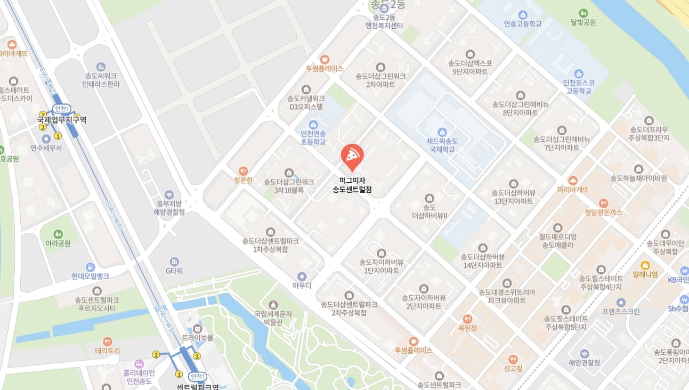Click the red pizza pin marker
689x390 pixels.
(x=352, y=156)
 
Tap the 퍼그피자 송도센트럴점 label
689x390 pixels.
(x=352, y=185)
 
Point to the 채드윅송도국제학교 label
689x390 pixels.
(x=441, y=145)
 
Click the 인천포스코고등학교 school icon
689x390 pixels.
(x=579, y=73)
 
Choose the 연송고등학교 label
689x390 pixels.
(x=523, y=24)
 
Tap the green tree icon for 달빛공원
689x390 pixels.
(x=583, y=13)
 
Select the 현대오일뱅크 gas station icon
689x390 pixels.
(x=91, y=266)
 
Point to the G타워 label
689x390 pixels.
(x=174, y=271)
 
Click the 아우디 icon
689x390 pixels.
(x=302, y=276)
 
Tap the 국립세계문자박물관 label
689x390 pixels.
(x=273, y=318)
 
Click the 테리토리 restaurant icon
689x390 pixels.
(x=108, y=342)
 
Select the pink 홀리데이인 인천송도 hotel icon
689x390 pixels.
(x=140, y=364)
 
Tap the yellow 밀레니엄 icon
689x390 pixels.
(x=645, y=265)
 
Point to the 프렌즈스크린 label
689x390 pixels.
(x=621, y=312)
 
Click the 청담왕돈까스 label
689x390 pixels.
(x=603, y=212)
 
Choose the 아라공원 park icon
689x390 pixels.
(x=59, y=234)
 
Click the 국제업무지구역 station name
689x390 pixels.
(x=62, y=120)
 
